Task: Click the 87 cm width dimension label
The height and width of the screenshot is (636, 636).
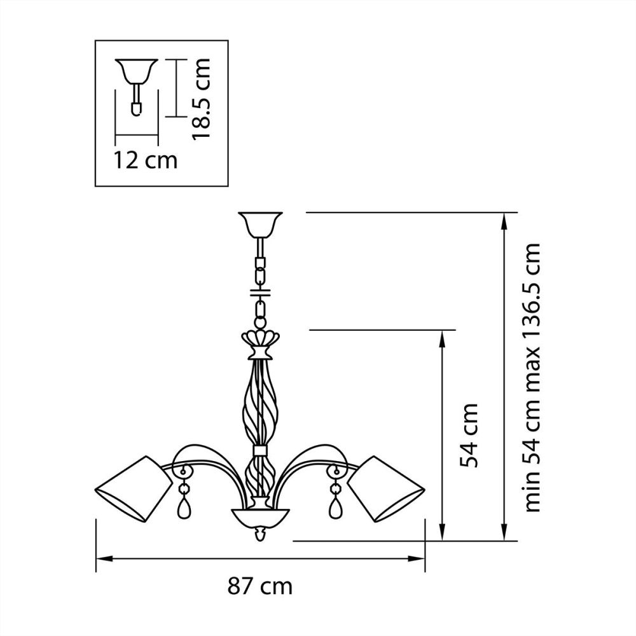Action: pos(260,586)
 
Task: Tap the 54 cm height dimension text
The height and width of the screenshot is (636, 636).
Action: pos(469,435)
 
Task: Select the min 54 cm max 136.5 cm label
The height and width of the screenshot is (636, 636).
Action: pos(534,377)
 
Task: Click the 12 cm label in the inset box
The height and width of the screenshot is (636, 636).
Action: pos(146,160)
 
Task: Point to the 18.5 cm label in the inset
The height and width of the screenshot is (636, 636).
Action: pos(202,99)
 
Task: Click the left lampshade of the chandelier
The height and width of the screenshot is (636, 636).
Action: pos(133,488)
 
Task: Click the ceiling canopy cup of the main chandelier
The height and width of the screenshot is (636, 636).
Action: pos(259,223)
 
